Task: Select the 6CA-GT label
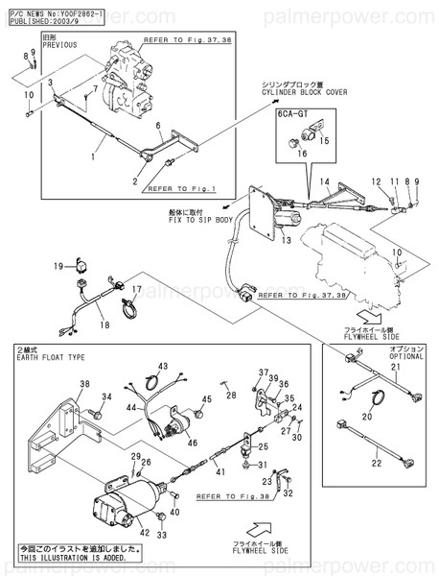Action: click(292, 113)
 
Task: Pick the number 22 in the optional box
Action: click(376, 463)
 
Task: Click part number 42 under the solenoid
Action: click(146, 532)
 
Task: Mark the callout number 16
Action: click(303, 152)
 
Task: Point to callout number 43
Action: click(163, 367)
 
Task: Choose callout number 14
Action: click(324, 181)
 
